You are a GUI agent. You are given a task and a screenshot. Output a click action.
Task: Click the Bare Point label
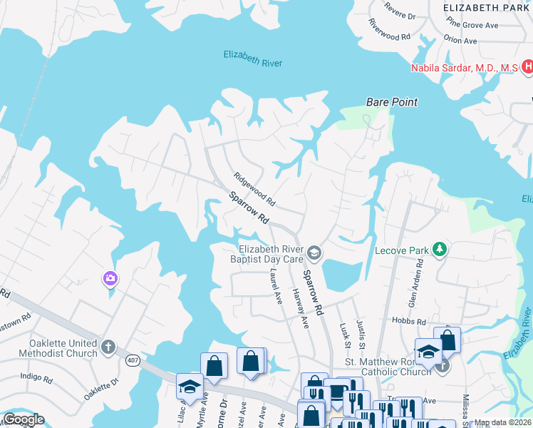click(391, 102)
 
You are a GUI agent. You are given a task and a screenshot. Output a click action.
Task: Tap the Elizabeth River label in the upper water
click(252, 58)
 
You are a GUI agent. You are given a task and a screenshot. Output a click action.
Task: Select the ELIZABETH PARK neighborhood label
click(487, 7)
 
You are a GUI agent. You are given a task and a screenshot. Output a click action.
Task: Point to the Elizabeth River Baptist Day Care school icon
click(314, 253)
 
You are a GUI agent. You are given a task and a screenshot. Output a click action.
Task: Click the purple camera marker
click(110, 278)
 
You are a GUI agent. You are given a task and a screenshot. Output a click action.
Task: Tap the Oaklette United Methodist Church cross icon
click(108, 348)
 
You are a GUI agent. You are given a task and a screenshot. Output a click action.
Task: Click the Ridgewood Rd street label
click(254, 189)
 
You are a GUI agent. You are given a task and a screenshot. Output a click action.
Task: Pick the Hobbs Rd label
click(411, 322)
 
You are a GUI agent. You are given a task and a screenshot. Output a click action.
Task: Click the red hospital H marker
click(527, 67)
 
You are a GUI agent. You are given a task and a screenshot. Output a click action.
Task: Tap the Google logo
click(24, 419)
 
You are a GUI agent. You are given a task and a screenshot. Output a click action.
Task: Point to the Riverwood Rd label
click(390, 29)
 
